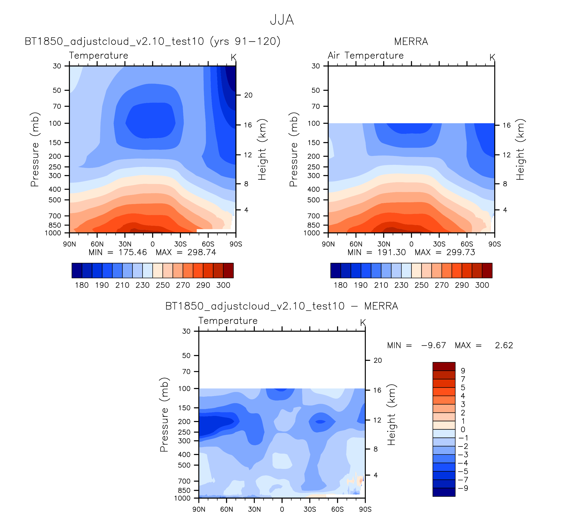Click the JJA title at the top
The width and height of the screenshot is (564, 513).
point(282,20)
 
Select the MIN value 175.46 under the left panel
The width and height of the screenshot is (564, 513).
point(133,253)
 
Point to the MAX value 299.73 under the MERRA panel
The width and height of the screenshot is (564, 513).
point(460,253)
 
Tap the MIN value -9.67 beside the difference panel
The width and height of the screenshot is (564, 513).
point(433,345)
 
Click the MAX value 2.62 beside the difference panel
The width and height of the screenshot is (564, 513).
point(504,345)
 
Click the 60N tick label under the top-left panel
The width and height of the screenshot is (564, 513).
point(97,244)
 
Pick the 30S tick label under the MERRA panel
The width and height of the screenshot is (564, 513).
point(439,244)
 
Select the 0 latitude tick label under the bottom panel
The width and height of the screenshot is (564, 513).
point(282,509)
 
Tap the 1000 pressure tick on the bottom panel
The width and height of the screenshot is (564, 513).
point(182,498)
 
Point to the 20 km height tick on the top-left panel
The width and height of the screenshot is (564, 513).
point(248,95)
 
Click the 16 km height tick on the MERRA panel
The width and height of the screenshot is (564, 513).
point(507,125)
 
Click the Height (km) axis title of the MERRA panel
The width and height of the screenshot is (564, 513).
point(520,150)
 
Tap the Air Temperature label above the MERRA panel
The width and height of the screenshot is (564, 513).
point(366,56)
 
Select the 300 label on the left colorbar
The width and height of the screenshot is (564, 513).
point(223,285)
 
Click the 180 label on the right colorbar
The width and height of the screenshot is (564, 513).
point(340,285)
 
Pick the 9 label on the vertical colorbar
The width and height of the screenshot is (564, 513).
point(463,371)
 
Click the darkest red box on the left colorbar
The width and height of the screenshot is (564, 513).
point(228,270)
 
